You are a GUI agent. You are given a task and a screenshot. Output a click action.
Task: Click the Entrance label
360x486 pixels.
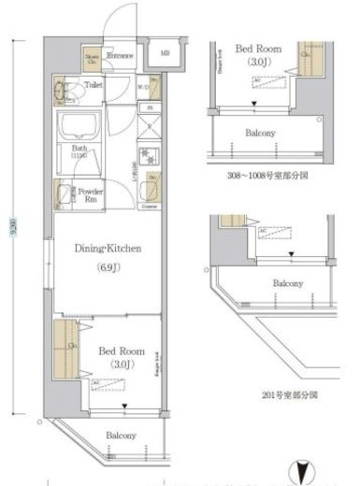tap(119, 56)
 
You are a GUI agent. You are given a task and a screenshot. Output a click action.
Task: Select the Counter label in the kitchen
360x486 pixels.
tap(149, 203)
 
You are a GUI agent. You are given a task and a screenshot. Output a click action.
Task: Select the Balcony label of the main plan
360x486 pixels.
tap(120, 436)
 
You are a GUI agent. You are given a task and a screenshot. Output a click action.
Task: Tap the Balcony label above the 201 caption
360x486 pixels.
tap(287, 283)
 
